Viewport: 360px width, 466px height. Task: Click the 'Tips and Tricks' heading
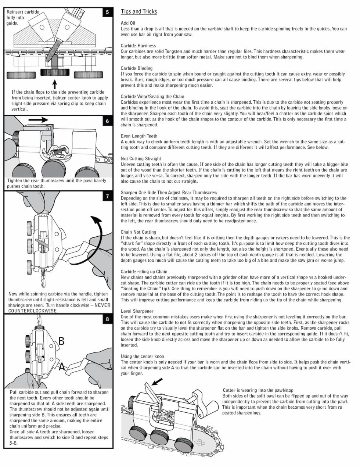[139, 11]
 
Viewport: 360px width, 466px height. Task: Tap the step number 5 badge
[107, 12]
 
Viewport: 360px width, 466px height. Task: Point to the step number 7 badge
[107, 197]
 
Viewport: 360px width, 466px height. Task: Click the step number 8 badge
[107, 319]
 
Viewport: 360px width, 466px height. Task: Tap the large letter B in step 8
[62, 341]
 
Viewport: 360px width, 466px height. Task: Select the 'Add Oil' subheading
[128, 23]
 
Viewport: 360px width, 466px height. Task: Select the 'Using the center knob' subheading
[142, 356]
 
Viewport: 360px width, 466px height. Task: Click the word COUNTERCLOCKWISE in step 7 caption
[33, 311]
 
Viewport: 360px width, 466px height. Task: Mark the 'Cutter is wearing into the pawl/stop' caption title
[258, 390]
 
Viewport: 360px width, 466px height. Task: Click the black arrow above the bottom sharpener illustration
[157, 382]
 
